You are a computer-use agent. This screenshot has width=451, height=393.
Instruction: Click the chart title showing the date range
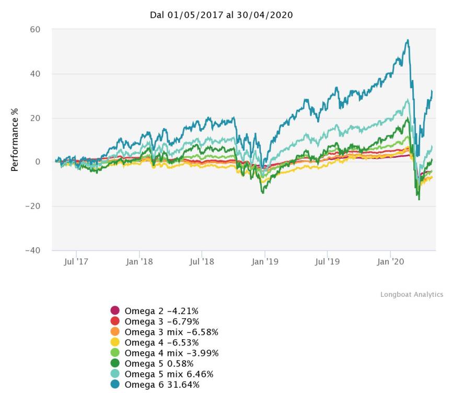221,15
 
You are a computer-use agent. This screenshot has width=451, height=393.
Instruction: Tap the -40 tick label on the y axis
33,250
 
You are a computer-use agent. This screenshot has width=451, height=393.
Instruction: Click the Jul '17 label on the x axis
76,261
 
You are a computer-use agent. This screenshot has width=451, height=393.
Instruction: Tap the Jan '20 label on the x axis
390,261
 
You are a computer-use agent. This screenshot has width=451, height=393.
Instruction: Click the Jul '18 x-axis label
202,261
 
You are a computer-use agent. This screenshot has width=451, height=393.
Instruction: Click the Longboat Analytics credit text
411,295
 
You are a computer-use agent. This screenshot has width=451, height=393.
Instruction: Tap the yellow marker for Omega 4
115,342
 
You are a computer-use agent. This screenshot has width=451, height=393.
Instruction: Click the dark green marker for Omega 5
115,363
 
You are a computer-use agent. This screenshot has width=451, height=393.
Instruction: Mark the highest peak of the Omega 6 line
408,40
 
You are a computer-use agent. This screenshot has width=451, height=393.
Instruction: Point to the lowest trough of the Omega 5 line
419,199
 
